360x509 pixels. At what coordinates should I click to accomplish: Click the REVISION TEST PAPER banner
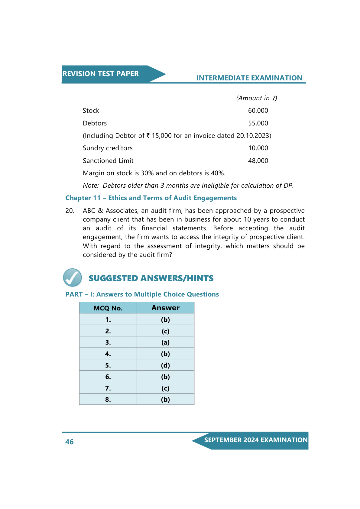[101, 74]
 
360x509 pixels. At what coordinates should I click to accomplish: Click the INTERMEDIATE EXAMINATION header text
[249, 78]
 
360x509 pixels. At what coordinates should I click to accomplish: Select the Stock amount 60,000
[258, 111]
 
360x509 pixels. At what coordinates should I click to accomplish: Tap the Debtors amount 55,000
[258, 123]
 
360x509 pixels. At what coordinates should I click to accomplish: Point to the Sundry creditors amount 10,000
[258, 148]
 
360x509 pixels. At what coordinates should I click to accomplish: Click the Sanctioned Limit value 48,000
[258, 161]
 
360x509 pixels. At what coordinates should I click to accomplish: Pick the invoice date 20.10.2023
[253, 136]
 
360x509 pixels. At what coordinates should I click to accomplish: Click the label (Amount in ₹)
[256, 98]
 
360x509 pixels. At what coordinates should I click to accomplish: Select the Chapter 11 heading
[151, 198]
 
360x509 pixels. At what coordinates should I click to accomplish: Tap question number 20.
[70, 211]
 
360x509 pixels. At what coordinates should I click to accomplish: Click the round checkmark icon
[72, 277]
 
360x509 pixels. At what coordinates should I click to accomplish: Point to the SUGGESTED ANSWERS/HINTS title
[151, 278]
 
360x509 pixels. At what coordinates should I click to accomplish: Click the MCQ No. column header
[108, 308]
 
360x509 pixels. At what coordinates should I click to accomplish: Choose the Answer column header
[165, 308]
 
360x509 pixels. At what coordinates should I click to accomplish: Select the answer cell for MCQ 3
[165, 342]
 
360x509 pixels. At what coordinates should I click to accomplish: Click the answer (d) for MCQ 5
[165, 365]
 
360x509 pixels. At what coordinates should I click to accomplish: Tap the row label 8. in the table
[108, 400]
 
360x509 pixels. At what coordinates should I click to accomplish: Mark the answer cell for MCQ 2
[165, 331]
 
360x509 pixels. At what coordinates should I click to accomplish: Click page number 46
[70, 442]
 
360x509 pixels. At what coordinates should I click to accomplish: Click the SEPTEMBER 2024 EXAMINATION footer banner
[255, 440]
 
